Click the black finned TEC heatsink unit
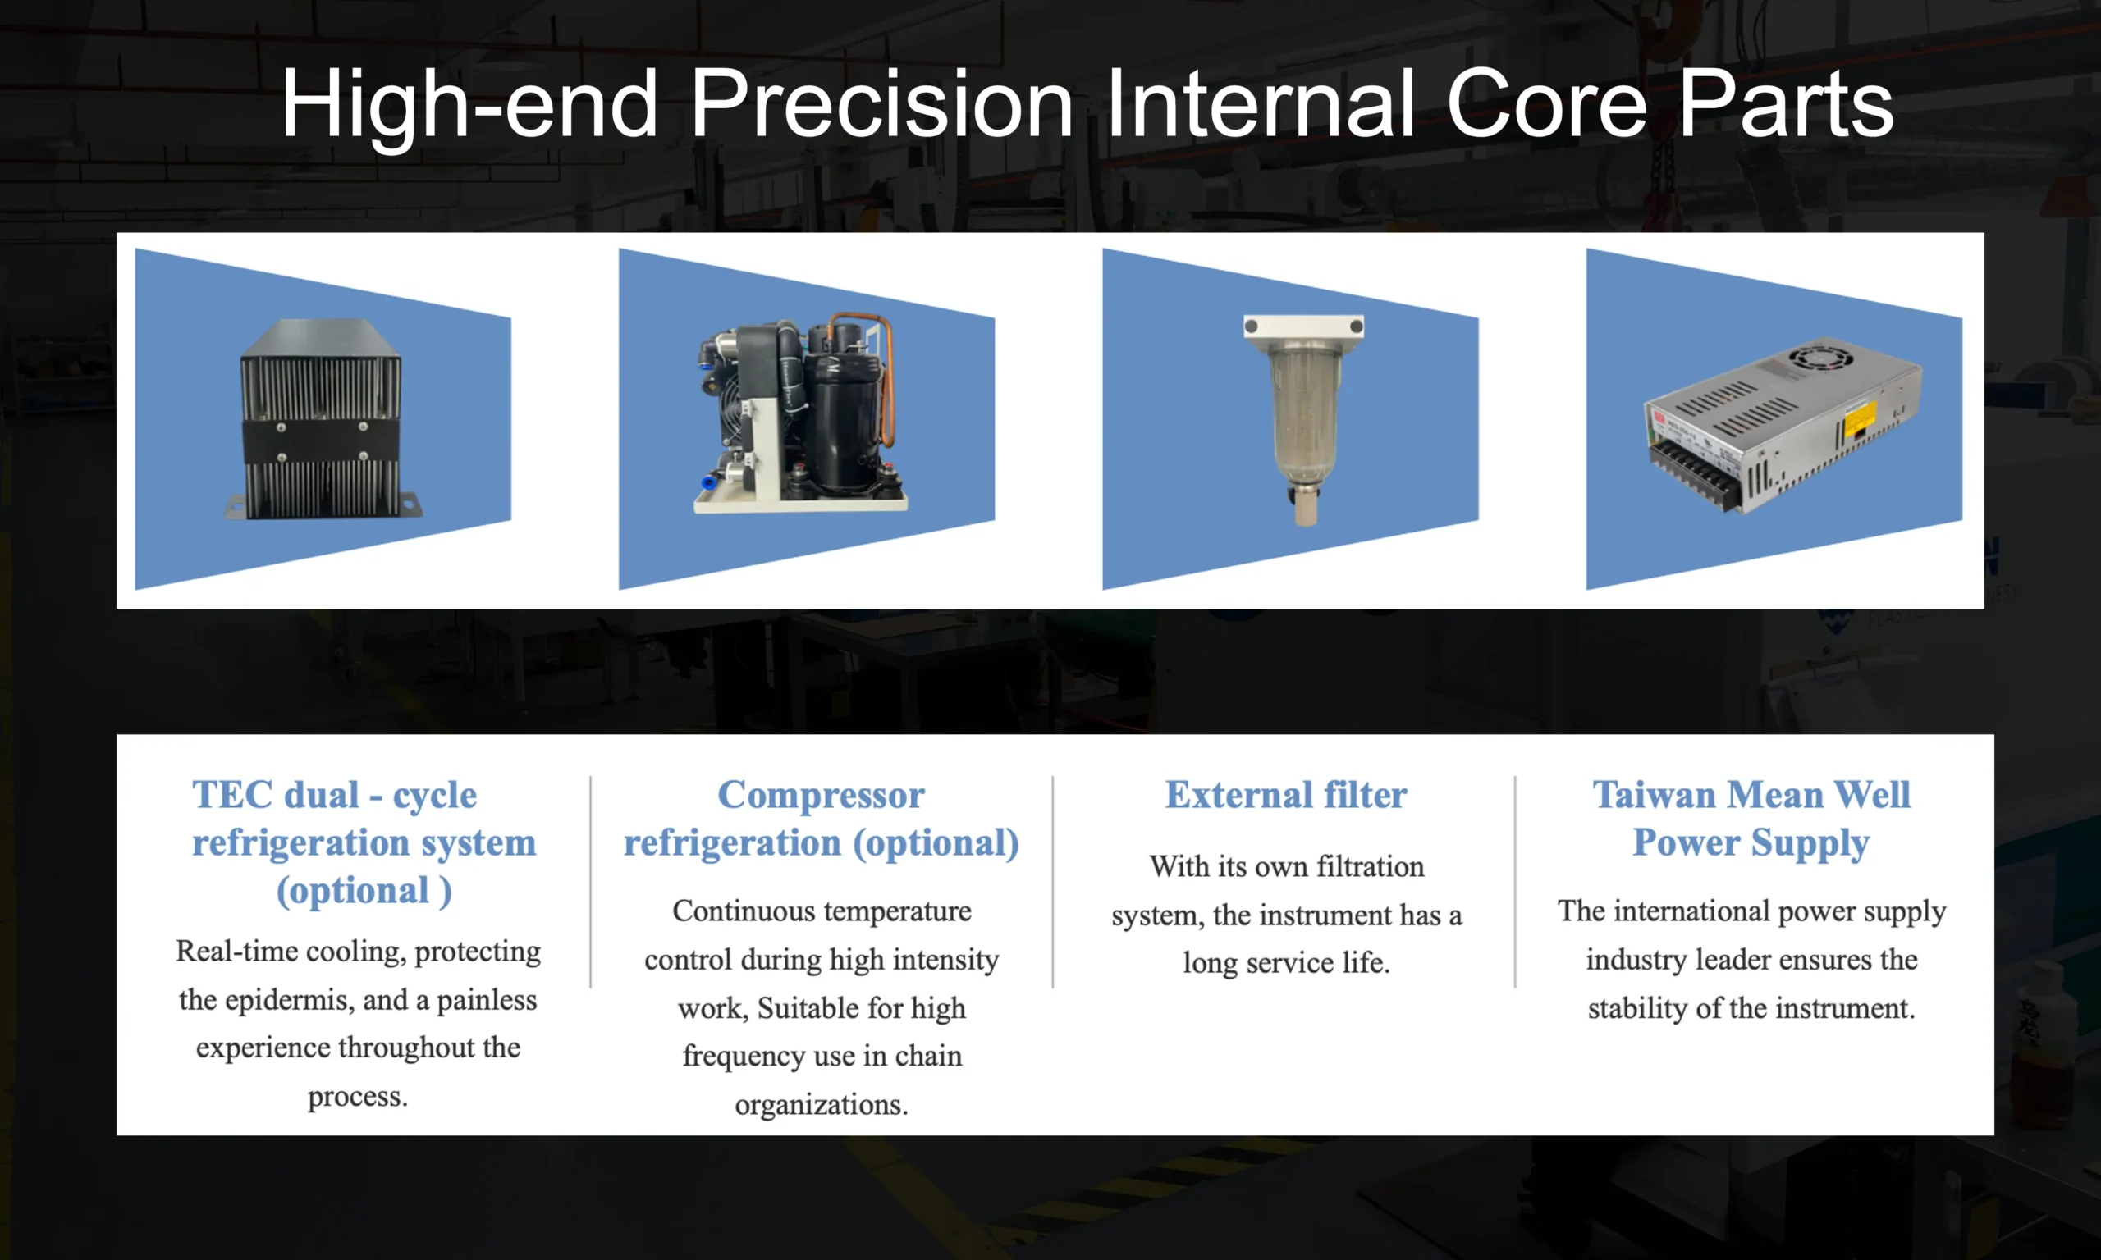click(321, 420)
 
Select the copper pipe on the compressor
click(886, 373)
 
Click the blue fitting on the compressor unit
click(708, 482)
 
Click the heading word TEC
click(231, 795)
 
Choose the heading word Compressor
click(821, 795)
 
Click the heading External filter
click(1285, 795)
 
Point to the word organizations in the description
click(821, 1105)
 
